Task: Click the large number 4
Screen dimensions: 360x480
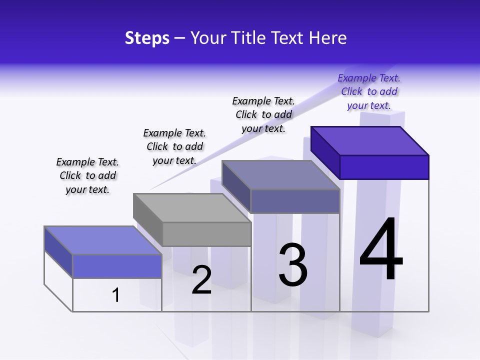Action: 381,250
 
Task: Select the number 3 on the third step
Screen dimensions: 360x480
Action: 292,265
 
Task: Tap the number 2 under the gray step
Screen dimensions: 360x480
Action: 201,280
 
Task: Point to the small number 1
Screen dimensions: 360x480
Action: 116,295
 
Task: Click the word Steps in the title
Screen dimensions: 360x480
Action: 147,38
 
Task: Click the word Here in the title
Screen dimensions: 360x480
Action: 328,38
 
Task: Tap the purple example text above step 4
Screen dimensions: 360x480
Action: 369,92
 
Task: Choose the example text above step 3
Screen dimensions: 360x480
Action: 263,114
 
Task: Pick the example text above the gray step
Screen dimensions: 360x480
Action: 174,146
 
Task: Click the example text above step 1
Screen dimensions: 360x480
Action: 87,175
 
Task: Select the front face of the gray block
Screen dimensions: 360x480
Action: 207,234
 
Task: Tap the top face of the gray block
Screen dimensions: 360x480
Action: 192,207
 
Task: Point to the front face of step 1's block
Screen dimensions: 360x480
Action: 117,266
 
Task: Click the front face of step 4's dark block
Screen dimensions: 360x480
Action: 384,167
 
